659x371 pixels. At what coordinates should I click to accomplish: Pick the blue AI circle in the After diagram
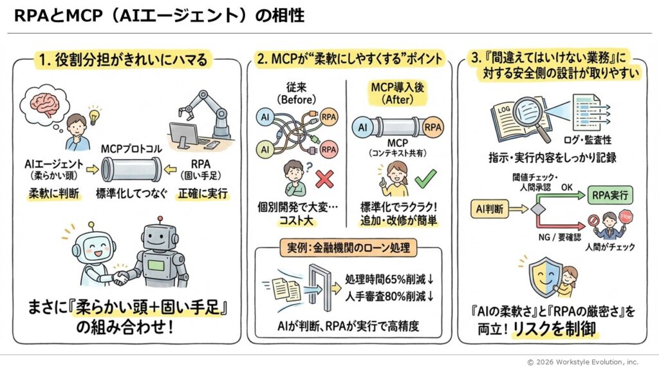click(x=362, y=128)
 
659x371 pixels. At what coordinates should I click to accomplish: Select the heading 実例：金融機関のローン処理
click(x=348, y=249)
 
